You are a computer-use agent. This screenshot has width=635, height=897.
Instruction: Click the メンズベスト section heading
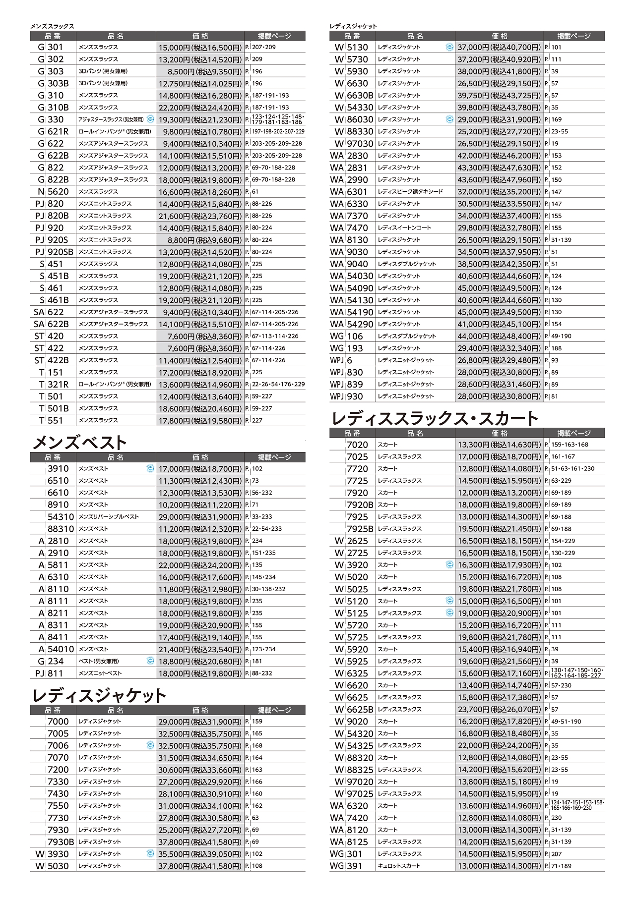tap(79, 442)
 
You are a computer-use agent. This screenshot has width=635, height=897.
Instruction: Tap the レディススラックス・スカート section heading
tap(434, 419)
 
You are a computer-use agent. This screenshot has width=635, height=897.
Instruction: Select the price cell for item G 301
tap(200, 48)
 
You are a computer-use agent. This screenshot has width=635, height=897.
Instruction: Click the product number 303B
tap(58, 83)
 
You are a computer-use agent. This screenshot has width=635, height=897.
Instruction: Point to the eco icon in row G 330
tap(150, 119)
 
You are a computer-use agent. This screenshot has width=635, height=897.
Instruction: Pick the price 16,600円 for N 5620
tap(200, 192)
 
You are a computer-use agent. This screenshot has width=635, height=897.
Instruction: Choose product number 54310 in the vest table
tap(61, 517)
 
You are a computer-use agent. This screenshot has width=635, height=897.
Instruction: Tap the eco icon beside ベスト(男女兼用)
tap(150, 661)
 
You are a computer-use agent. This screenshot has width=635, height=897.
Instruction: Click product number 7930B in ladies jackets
tap(61, 842)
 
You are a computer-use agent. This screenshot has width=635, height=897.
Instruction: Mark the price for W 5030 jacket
tap(200, 866)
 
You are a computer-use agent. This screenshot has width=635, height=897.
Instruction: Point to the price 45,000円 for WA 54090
tap(499, 288)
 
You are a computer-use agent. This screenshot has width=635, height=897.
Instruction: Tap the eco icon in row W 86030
tap(449, 119)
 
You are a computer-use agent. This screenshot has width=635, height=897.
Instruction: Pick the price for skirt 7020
tap(499, 445)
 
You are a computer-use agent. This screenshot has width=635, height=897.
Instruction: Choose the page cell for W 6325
tap(575, 673)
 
